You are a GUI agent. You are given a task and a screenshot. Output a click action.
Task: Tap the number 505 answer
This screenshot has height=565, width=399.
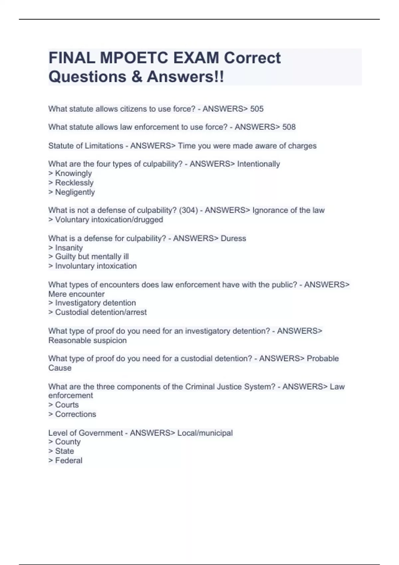click(257, 109)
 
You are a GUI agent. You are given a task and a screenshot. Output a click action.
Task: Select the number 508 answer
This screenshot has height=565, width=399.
click(289, 127)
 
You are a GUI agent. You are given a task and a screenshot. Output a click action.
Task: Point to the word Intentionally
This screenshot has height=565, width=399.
click(258, 164)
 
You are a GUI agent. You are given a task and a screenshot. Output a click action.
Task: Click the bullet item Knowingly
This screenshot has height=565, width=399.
click(73, 173)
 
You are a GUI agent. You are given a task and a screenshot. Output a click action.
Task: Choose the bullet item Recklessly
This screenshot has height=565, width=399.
click(74, 183)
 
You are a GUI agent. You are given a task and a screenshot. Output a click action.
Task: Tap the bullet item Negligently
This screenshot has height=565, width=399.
click(75, 192)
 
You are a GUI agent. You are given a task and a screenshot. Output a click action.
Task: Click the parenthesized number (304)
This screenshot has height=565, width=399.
click(188, 210)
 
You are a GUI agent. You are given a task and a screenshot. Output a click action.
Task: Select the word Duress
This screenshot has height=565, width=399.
click(233, 239)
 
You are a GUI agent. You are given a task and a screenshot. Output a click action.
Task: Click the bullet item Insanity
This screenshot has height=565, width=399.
click(69, 248)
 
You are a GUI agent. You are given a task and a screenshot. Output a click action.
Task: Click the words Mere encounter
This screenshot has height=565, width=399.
click(76, 294)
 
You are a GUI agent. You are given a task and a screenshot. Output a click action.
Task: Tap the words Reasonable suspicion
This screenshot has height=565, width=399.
click(87, 341)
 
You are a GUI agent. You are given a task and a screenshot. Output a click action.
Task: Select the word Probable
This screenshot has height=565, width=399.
click(323, 359)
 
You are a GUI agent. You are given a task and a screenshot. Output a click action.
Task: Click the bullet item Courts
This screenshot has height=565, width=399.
click(67, 405)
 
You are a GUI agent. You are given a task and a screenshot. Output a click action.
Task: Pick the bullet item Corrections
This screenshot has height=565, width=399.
click(75, 414)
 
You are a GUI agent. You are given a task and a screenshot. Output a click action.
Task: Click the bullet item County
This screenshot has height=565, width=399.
click(68, 442)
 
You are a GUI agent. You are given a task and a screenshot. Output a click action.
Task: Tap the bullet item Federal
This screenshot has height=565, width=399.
click(68, 461)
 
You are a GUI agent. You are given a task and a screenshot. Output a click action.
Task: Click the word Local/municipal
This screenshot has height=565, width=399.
click(205, 433)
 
